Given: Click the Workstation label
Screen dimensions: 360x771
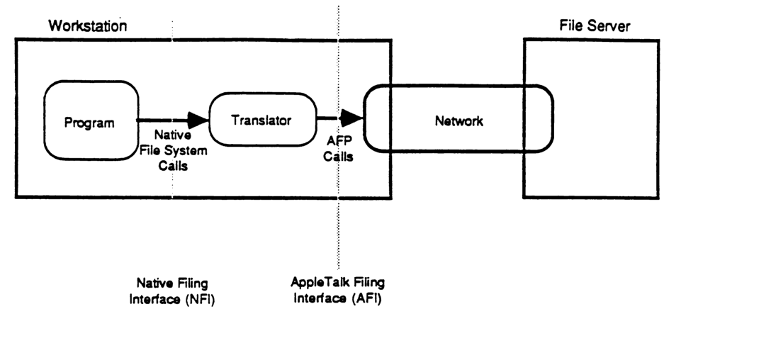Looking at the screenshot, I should [87, 27].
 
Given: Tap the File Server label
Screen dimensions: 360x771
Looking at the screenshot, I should [594, 27].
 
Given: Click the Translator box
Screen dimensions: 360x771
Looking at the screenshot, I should [262, 120].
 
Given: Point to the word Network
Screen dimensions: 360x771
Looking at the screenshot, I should [458, 121].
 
